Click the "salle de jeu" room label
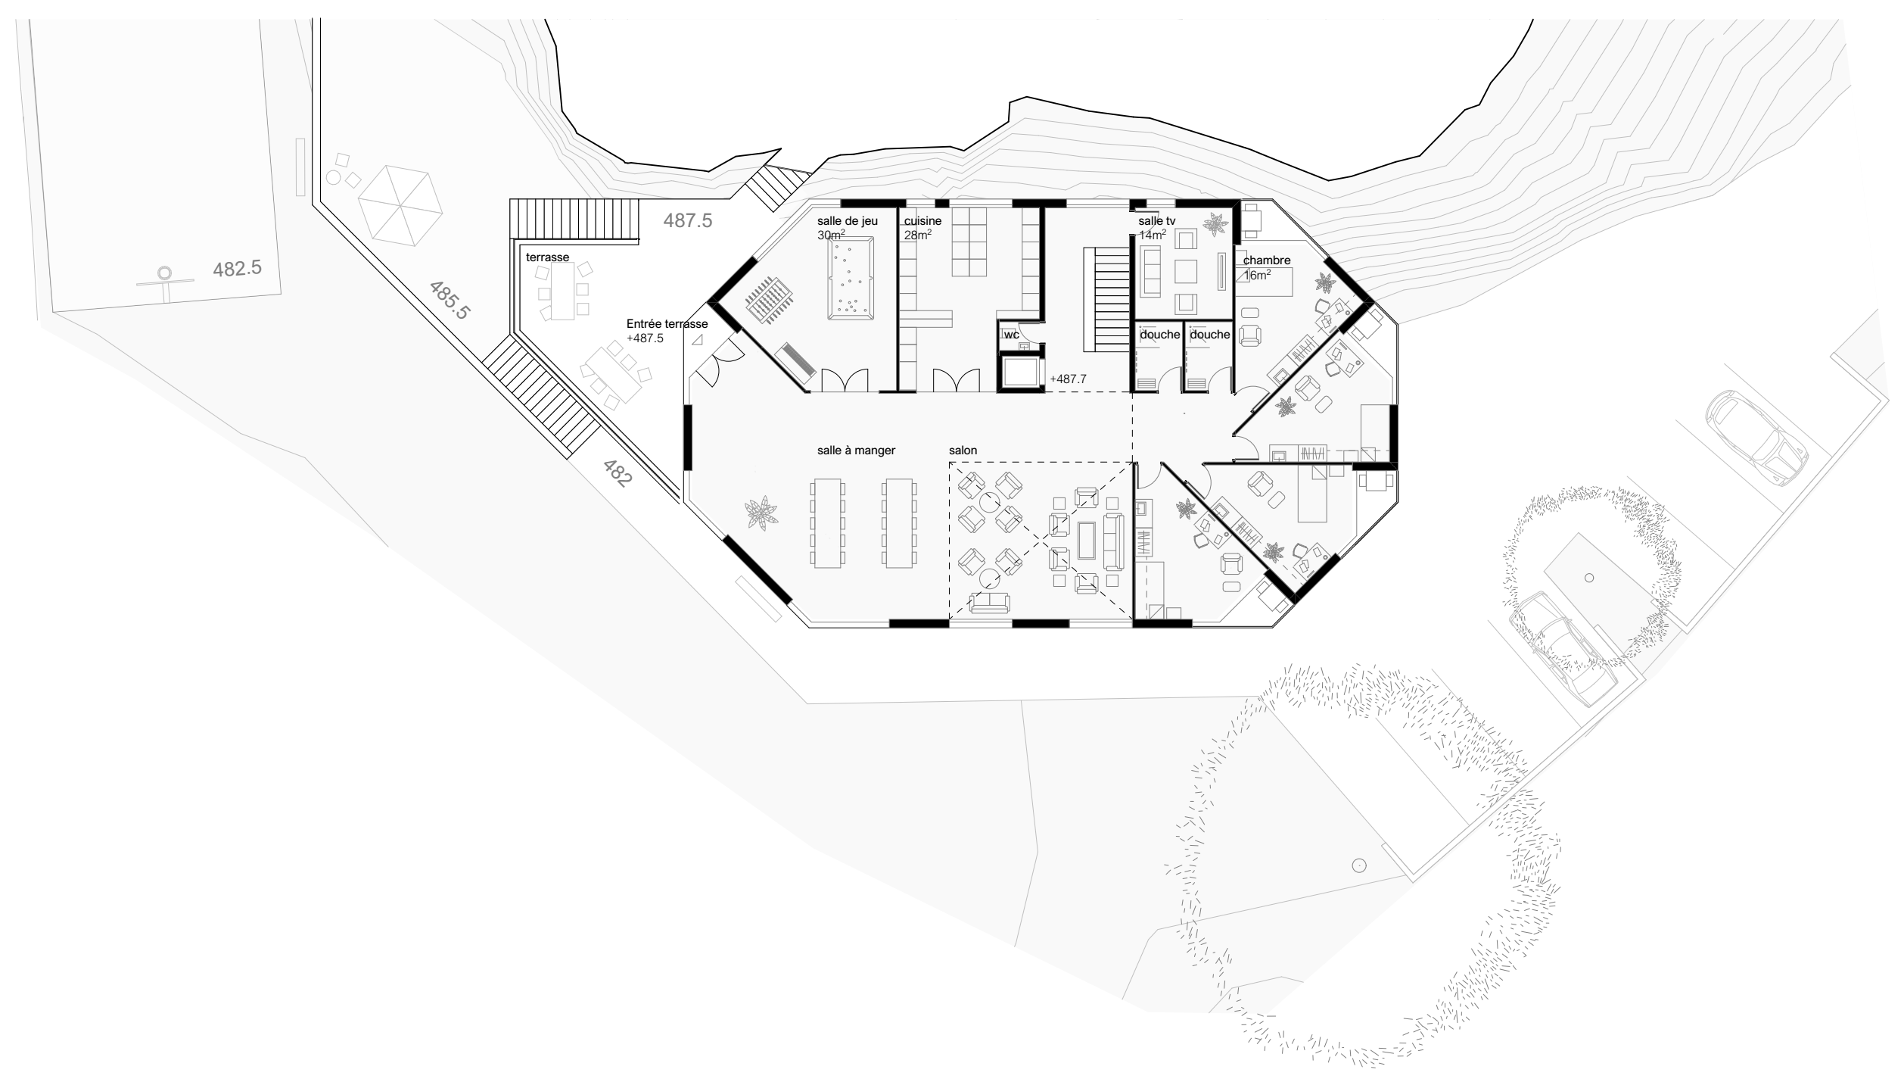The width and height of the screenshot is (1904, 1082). click(x=847, y=221)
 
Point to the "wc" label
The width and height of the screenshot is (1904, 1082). click(x=1011, y=334)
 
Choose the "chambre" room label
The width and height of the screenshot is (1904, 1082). click(x=1267, y=260)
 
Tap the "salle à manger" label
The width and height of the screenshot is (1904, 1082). click(x=856, y=451)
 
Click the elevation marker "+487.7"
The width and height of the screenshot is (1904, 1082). click(x=1068, y=379)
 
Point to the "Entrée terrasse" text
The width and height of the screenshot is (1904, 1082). click(x=667, y=324)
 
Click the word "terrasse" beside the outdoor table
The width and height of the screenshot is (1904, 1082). click(x=547, y=257)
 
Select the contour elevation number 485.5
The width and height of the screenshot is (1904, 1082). click(x=450, y=301)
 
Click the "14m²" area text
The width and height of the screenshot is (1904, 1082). click(x=1152, y=235)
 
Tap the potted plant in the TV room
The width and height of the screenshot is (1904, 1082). click(x=1215, y=224)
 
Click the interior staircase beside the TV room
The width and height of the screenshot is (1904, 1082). click(x=1106, y=300)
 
